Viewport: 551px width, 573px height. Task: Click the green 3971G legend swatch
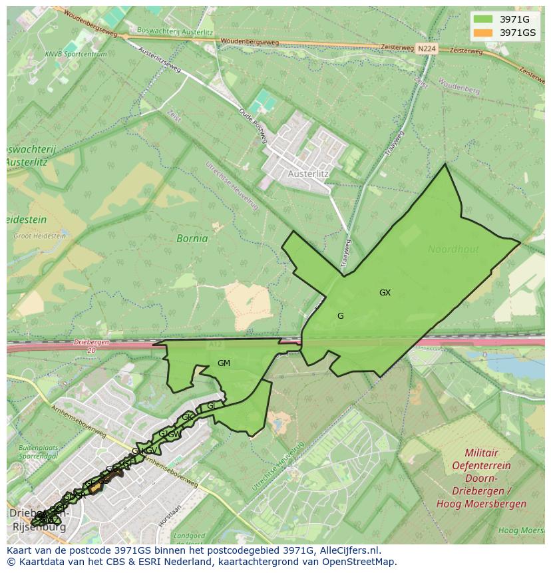click(x=483, y=19)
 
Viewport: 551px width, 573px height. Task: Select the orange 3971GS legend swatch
click(x=483, y=33)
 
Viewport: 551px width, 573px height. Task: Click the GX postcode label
click(x=385, y=293)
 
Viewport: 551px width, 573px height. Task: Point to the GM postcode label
click(x=224, y=363)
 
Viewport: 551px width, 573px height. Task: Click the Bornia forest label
click(x=192, y=238)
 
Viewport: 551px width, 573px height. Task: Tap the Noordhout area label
click(x=453, y=250)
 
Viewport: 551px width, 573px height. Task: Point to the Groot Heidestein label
click(x=40, y=236)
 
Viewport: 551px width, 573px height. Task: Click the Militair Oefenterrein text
click(x=481, y=459)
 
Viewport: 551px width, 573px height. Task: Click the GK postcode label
click(x=187, y=417)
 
